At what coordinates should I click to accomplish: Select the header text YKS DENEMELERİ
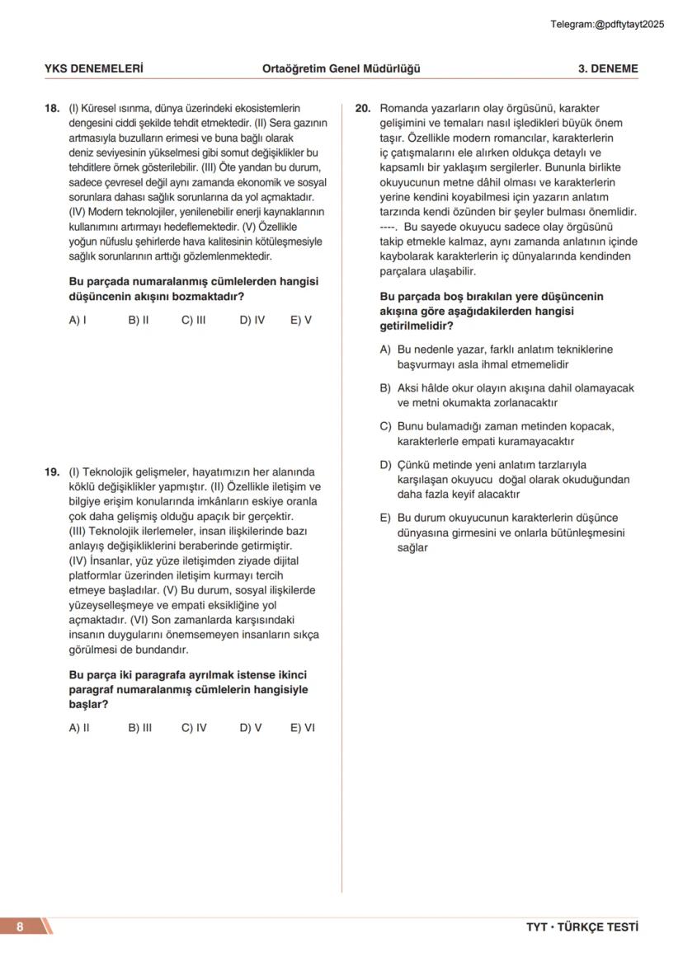(x=93, y=68)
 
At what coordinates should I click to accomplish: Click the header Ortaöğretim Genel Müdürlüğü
(x=341, y=68)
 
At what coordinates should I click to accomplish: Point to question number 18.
(x=51, y=108)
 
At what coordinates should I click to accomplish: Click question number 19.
(x=51, y=472)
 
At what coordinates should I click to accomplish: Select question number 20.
(x=362, y=108)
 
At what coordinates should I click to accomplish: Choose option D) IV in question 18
(x=252, y=320)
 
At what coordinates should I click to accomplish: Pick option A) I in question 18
(x=78, y=320)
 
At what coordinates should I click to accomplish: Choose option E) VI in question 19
(x=302, y=728)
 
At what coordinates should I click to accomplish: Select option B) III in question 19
(x=139, y=728)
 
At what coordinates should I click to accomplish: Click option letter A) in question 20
(x=385, y=350)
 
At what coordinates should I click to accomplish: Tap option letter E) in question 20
(x=385, y=519)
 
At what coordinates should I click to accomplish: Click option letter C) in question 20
(x=385, y=426)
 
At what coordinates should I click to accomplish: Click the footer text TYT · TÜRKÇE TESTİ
(x=582, y=927)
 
